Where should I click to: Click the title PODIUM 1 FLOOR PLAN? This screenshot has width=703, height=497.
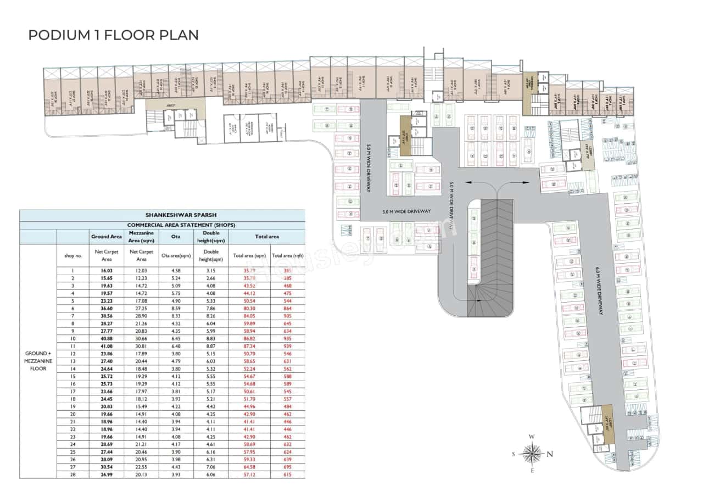coord(113,35)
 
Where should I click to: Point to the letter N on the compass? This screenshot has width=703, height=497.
coord(550,454)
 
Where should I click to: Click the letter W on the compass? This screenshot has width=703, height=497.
coord(532,437)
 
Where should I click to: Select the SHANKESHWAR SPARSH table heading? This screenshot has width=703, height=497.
coord(162,215)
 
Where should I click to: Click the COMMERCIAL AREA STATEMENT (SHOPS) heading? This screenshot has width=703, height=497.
coord(162,225)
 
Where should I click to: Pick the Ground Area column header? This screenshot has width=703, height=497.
coord(107,236)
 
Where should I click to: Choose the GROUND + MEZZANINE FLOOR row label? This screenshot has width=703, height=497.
coord(38,361)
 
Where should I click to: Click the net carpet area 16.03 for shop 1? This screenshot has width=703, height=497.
coord(107,270)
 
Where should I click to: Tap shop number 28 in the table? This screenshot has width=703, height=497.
coord(72,474)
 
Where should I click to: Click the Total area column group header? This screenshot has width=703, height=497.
coord(266,236)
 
